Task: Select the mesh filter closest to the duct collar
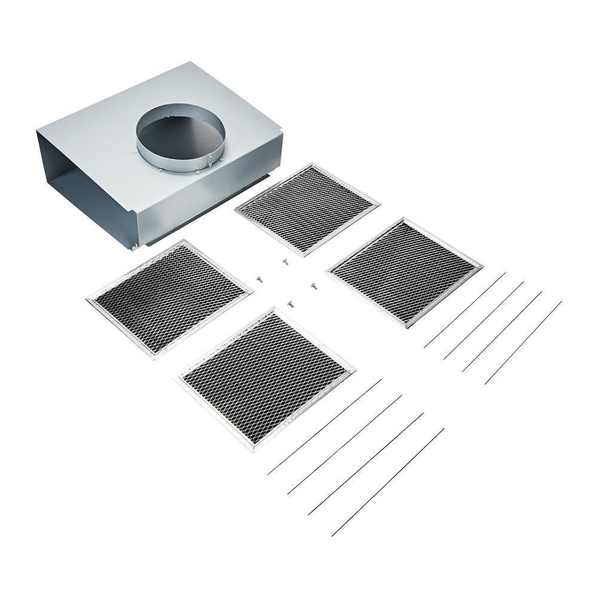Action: click(x=307, y=209)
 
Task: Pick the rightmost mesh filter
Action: click(x=404, y=271)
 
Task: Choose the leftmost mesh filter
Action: click(x=169, y=298)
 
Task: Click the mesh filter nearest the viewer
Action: click(x=265, y=378)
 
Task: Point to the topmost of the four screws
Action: click(x=285, y=261)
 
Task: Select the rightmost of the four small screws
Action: click(x=313, y=286)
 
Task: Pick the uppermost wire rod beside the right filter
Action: click(x=465, y=309)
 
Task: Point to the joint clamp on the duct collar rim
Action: click(x=209, y=161)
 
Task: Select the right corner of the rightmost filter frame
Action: click(x=481, y=264)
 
